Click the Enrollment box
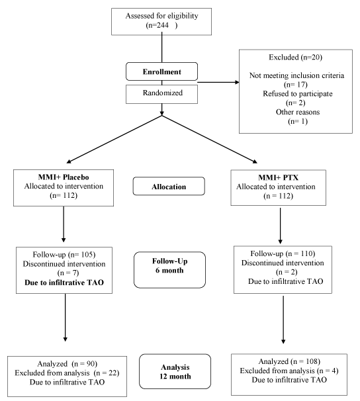(x=161, y=71)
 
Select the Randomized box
(x=161, y=94)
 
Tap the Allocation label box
(x=169, y=186)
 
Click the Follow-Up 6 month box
(x=169, y=270)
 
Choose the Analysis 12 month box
(x=175, y=371)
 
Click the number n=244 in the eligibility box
(x=157, y=25)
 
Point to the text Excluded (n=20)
(x=295, y=57)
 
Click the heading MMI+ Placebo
(x=64, y=177)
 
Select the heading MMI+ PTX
(x=278, y=177)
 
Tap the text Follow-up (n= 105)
(x=64, y=255)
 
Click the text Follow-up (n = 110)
(x=283, y=253)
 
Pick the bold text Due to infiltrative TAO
(x=64, y=283)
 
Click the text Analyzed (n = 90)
(x=67, y=364)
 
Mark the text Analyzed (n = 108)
(x=289, y=361)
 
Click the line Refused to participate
(x=298, y=93)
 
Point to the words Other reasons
(x=298, y=112)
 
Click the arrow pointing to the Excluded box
(x=218, y=82)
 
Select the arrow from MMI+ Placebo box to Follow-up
(x=64, y=224)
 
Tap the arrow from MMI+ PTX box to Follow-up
(x=280, y=226)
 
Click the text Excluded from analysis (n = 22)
(x=67, y=373)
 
